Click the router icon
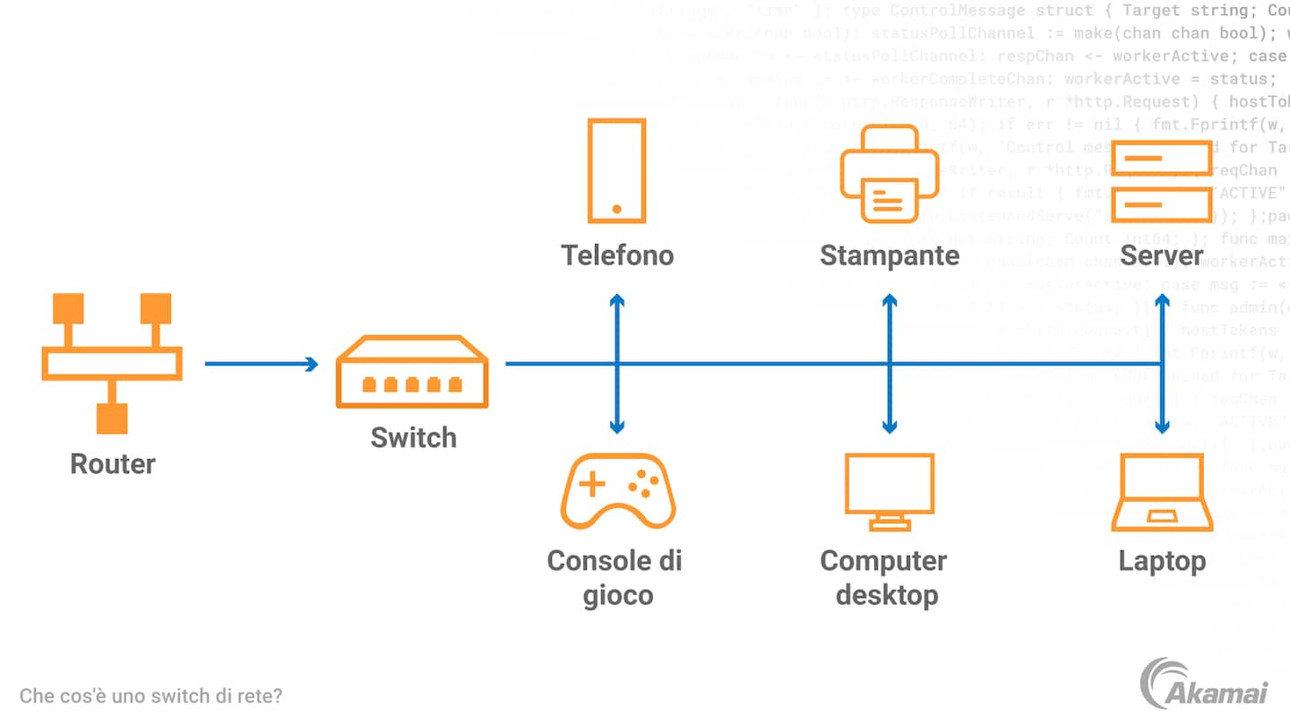coord(112,363)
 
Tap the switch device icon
coord(412,372)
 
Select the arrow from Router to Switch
coord(261,364)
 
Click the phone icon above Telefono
coord(616,170)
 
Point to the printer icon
coord(878,174)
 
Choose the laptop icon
coord(1162,493)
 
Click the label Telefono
coord(617,255)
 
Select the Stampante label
coord(889,256)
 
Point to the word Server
coord(1162,256)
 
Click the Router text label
coord(113,463)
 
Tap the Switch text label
coord(413,437)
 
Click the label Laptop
coord(1162,562)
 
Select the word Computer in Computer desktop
coord(883,561)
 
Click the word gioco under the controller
coord(617,595)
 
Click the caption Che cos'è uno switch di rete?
coord(150,696)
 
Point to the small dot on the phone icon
coord(616,209)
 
